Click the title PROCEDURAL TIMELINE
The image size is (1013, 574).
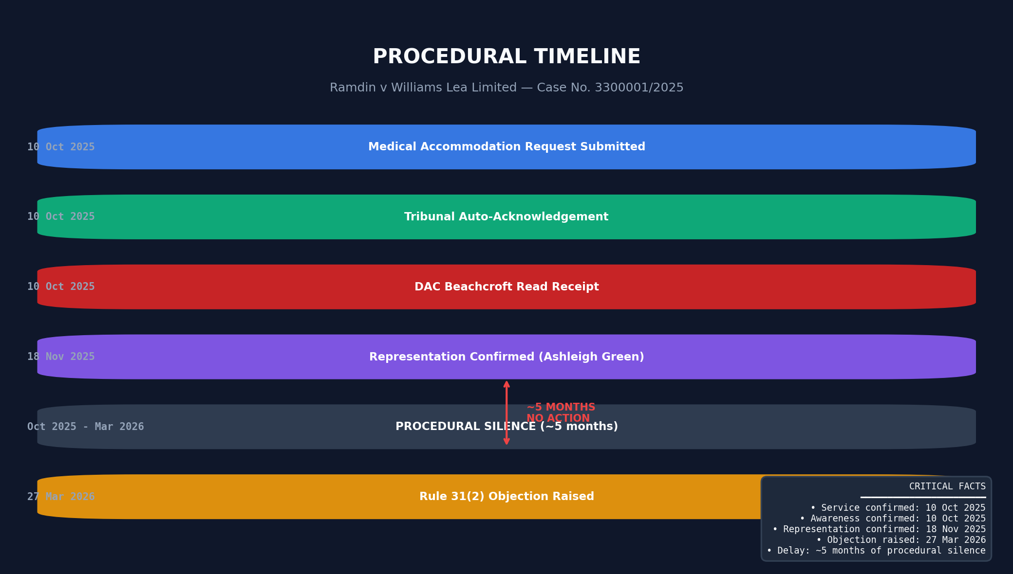point(506,57)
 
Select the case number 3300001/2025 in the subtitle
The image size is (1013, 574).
point(639,88)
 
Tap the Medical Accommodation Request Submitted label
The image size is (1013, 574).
point(506,147)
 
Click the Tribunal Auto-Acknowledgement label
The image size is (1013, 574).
point(506,217)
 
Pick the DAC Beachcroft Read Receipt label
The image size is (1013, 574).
point(506,287)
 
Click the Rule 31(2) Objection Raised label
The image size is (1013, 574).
point(506,497)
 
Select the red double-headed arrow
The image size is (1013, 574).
point(506,413)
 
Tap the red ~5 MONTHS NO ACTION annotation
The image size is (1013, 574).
point(561,413)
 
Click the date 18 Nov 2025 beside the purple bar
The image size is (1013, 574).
point(61,357)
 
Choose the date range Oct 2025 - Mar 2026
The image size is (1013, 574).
point(86,427)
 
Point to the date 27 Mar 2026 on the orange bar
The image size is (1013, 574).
point(61,497)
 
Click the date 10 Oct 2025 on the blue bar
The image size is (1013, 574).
point(61,147)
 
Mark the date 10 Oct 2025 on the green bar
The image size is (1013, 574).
point(61,217)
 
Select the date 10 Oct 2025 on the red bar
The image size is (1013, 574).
point(61,287)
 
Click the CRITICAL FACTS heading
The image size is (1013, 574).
point(947,486)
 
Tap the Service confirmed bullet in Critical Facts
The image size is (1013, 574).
point(898,508)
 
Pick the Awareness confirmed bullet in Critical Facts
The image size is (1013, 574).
point(893,519)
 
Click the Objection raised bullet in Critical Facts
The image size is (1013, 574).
point(901,540)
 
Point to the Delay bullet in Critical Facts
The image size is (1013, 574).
point(876,551)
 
